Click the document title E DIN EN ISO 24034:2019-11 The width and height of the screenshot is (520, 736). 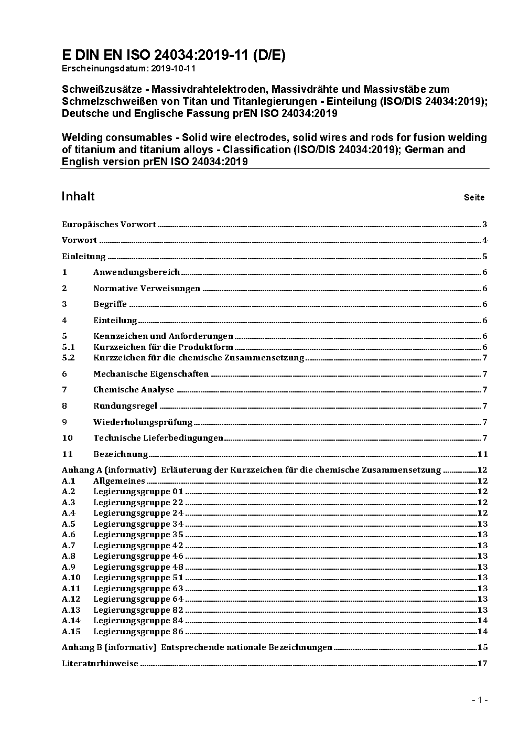(x=174, y=56)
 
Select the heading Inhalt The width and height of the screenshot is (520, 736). (x=78, y=196)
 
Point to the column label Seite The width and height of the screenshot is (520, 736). (x=474, y=198)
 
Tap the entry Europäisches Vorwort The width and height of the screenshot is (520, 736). (x=109, y=225)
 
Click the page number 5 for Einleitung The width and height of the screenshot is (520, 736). (x=485, y=257)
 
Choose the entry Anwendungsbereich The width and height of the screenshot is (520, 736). (x=136, y=272)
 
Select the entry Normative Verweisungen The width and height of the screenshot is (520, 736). (x=147, y=289)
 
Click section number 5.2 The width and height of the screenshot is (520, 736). (x=68, y=358)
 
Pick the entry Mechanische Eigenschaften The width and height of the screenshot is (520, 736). (x=151, y=374)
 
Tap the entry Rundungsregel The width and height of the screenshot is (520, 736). (x=125, y=406)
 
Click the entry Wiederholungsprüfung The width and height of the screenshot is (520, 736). (x=143, y=422)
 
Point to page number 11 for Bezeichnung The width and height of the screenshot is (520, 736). (x=482, y=454)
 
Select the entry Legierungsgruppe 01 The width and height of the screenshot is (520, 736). (x=138, y=492)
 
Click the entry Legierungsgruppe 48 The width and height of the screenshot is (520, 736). (x=138, y=567)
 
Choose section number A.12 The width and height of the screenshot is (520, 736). (x=71, y=599)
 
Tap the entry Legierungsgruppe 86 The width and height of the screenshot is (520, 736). (x=138, y=632)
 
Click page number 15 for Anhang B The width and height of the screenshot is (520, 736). (x=482, y=647)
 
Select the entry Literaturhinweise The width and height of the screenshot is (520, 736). (x=100, y=664)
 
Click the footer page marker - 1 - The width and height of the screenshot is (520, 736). (x=480, y=700)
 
